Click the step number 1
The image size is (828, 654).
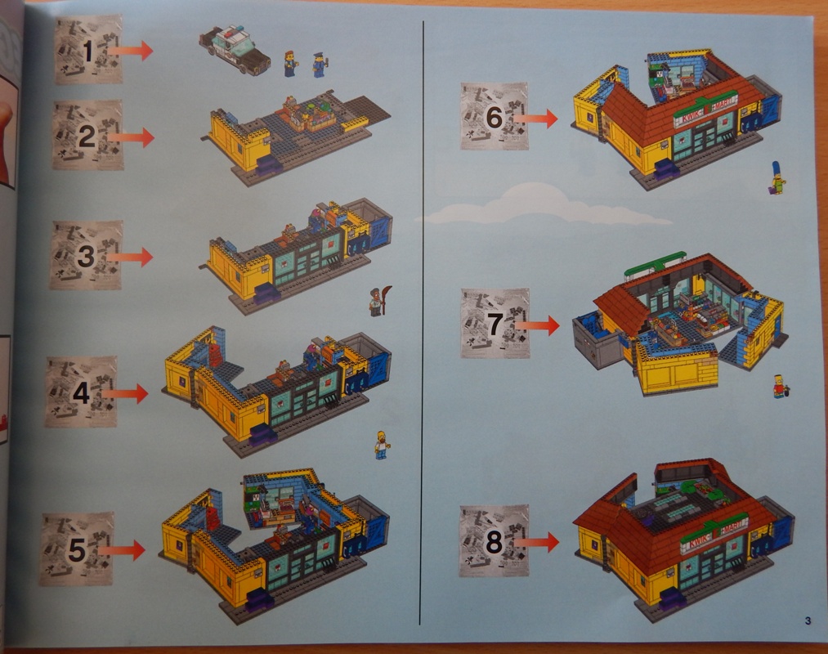pyautogui.click(x=88, y=52)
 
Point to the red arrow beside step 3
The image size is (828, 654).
pyautogui.click(x=130, y=257)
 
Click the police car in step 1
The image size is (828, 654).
pyautogui.click(x=234, y=49)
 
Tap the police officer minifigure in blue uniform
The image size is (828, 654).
pyautogui.click(x=319, y=64)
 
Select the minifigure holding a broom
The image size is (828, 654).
pyautogui.click(x=376, y=301)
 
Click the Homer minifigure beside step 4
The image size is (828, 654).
pyautogui.click(x=382, y=444)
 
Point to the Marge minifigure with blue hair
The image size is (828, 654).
pyautogui.click(x=777, y=177)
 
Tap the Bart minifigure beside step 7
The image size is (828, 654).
pyautogui.click(x=780, y=386)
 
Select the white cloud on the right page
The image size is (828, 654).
pyautogui.click(x=539, y=205)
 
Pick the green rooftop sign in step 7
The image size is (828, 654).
pyautogui.click(x=655, y=265)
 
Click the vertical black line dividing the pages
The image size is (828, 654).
pyautogui.click(x=422, y=327)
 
